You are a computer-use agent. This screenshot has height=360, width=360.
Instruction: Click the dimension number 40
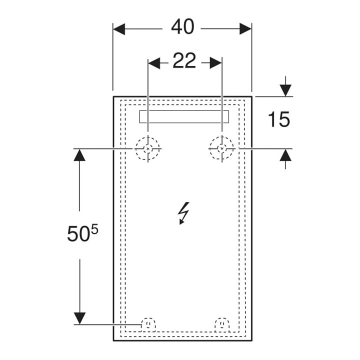click(183, 27)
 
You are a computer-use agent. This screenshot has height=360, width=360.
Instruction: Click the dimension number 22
click(184, 60)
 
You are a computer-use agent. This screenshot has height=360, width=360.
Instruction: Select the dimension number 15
click(279, 119)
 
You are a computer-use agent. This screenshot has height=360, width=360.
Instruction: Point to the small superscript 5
click(94, 229)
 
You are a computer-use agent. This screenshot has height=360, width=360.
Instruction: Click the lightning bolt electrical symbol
click(183, 213)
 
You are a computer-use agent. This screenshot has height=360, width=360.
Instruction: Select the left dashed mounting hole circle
click(147, 148)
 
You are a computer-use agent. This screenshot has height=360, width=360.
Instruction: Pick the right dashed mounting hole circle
click(221, 148)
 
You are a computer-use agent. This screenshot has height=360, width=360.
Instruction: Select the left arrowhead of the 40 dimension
click(119, 29)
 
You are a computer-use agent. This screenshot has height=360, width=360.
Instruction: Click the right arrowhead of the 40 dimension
click(245, 29)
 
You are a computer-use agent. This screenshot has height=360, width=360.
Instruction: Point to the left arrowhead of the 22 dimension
click(154, 62)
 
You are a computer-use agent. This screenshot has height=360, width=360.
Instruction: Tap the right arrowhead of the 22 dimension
click(216, 62)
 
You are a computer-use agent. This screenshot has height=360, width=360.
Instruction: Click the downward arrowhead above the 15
click(285, 90)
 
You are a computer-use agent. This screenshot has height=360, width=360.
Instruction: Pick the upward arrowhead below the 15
click(285, 155)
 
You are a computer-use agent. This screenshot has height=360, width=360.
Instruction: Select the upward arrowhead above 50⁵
click(79, 155)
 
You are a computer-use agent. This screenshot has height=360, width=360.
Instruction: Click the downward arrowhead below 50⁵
click(79, 318)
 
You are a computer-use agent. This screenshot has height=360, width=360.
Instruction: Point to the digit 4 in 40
click(176, 27)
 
